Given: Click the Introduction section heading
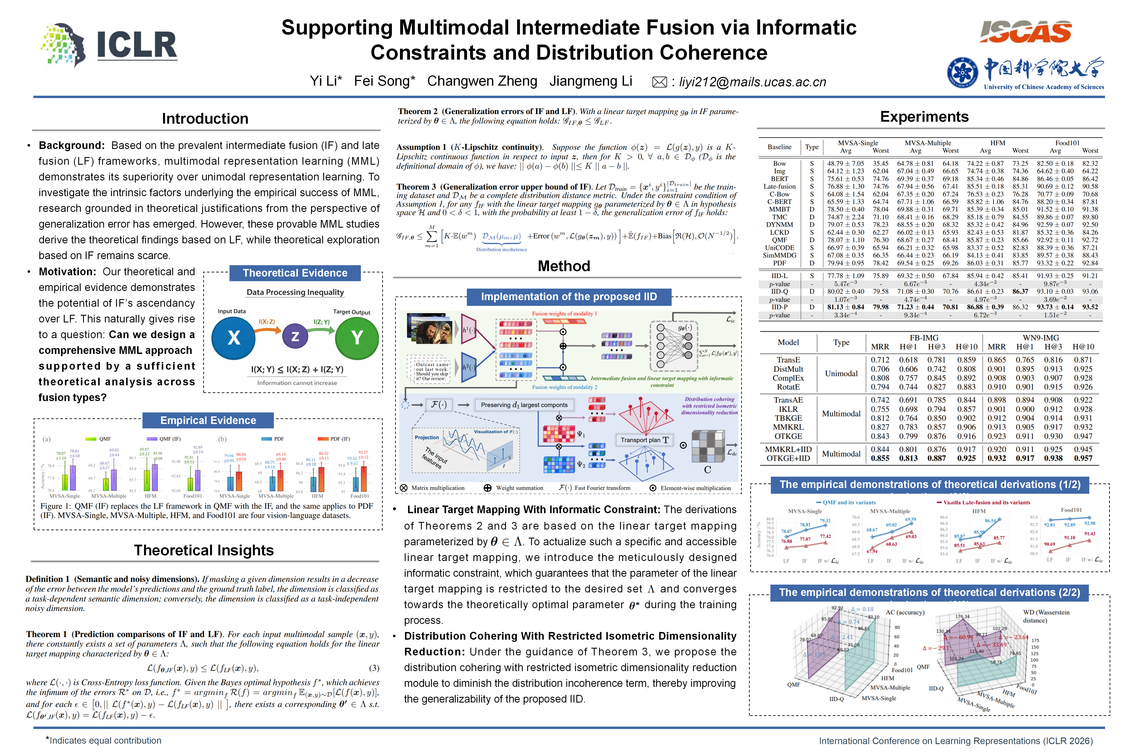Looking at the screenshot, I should pyautogui.click(x=205, y=118).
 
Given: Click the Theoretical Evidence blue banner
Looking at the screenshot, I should pyautogui.click(x=295, y=273).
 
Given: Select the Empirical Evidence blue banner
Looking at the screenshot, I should pyautogui.click(x=208, y=420).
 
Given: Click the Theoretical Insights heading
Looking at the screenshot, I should pyautogui.click(x=204, y=550).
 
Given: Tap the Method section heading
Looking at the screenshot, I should pyautogui.click(x=564, y=266).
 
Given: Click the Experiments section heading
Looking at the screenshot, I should pyautogui.click(x=924, y=116).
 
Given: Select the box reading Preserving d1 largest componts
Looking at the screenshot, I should pyautogui.click(x=524, y=405).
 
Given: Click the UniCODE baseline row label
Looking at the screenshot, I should pyautogui.click(x=779, y=247).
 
